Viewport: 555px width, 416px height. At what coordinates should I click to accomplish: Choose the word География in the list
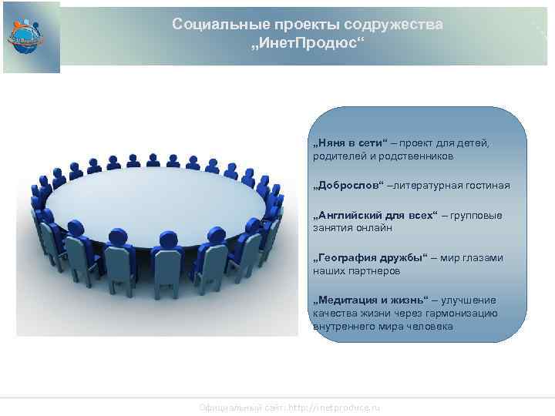[345, 258]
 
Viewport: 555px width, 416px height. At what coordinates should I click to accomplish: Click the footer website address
[289, 407]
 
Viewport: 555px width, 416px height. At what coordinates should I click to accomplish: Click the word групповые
[478, 215]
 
